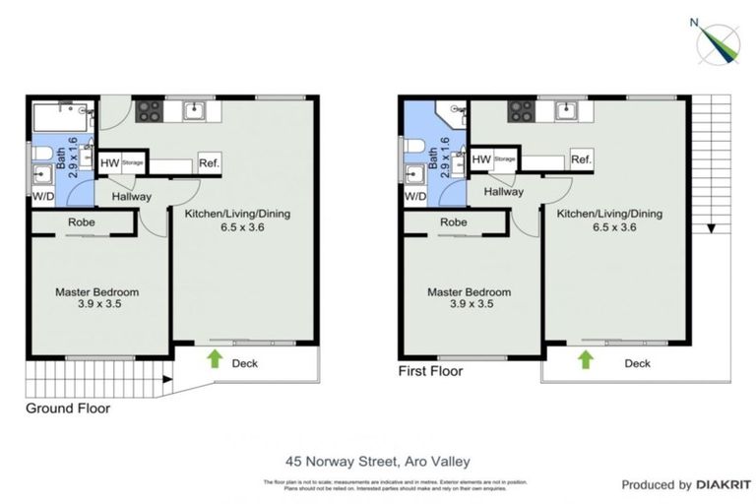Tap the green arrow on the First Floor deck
click(586, 360)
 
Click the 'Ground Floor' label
click(68, 408)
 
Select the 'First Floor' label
click(430, 371)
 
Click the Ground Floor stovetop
click(149, 110)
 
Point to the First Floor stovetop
click(521, 110)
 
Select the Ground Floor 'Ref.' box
click(209, 163)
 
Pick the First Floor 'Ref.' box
click(581, 159)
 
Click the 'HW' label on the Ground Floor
click(110, 163)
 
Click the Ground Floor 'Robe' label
click(82, 222)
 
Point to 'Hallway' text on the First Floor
click(503, 192)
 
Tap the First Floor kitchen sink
click(566, 110)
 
